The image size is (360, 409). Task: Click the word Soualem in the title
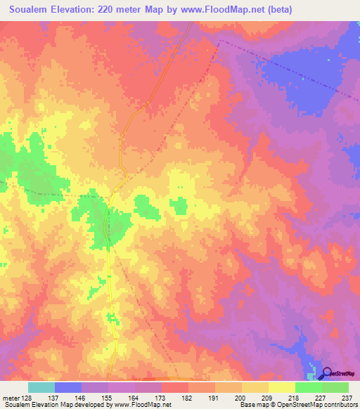click(33, 10)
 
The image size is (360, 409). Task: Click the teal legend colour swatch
click(41, 387)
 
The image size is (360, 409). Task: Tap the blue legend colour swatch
click(67, 387)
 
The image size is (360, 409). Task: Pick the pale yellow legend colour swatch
click(281, 387)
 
